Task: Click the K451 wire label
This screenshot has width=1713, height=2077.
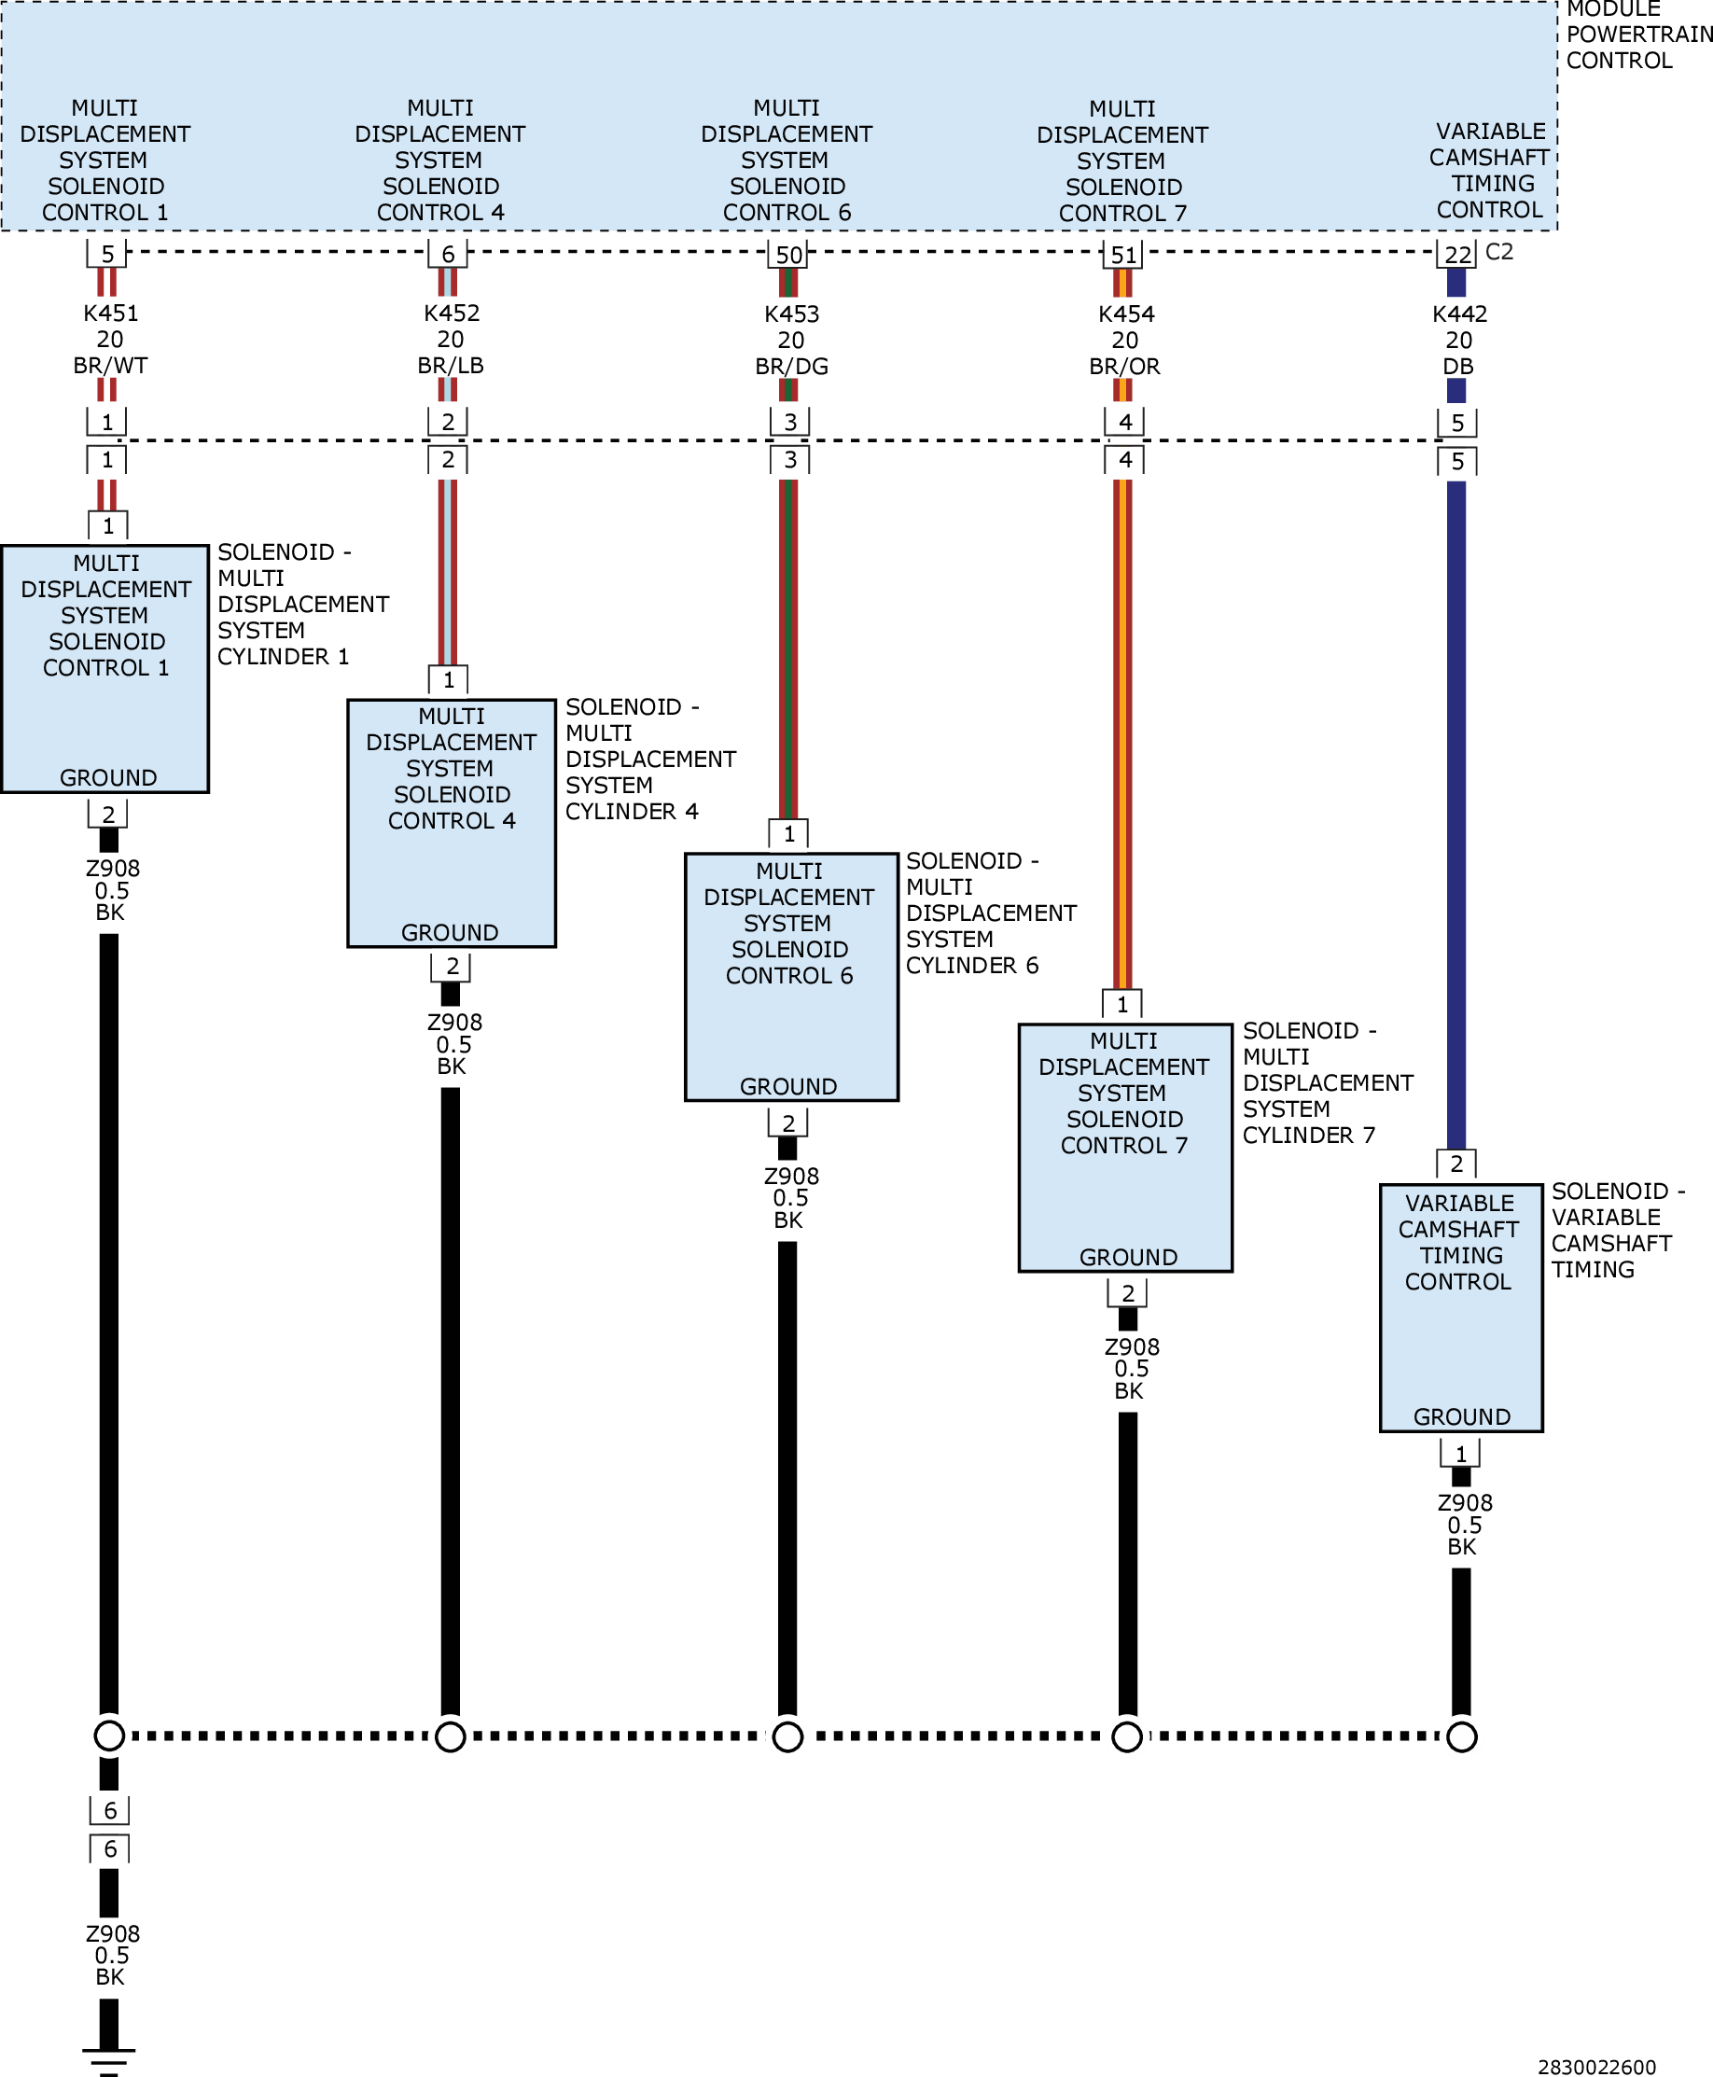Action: click(x=110, y=313)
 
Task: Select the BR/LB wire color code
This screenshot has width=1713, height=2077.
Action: click(x=451, y=365)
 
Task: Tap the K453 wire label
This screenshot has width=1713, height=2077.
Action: click(x=791, y=314)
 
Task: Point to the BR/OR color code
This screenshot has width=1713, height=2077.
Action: click(x=1125, y=366)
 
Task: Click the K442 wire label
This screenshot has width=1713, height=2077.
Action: click(x=1459, y=314)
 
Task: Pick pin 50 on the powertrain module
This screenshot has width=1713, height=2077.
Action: click(x=788, y=255)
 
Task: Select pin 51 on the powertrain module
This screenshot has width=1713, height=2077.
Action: click(x=1124, y=255)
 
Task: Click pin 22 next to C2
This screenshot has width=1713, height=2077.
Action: click(x=1457, y=255)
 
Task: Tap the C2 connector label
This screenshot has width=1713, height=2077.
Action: click(x=1498, y=252)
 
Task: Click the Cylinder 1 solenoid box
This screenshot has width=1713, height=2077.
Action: click(x=104, y=668)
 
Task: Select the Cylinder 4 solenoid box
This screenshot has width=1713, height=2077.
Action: click(x=451, y=823)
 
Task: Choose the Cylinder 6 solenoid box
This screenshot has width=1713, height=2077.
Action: click(x=791, y=977)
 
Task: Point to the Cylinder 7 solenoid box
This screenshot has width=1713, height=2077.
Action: click(x=1125, y=1148)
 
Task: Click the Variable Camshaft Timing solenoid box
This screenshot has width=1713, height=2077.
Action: click(x=1460, y=1307)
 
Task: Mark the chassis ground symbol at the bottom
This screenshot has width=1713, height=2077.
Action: click(x=108, y=2060)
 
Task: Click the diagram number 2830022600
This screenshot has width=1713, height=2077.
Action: click(x=1596, y=2067)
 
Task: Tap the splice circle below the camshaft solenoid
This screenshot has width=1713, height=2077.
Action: click(x=1461, y=1736)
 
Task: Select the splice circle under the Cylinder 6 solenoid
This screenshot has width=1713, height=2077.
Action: click(x=787, y=1736)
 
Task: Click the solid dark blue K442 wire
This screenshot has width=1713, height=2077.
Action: click(x=1456, y=815)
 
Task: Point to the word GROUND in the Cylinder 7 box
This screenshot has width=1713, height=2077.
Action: click(x=1128, y=1257)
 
